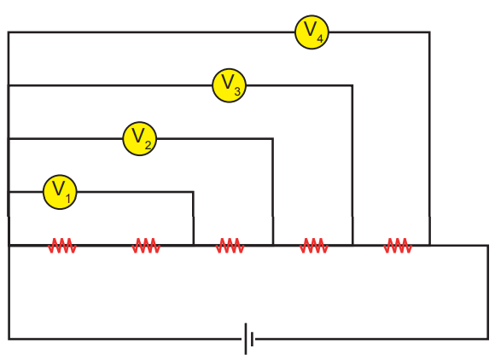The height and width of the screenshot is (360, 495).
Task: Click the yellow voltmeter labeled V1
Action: tap(60, 192)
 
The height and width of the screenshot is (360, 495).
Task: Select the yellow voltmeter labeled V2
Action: tap(139, 138)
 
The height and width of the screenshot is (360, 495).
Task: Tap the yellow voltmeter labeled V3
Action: tap(229, 85)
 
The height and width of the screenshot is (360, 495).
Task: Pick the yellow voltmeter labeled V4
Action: tap(312, 32)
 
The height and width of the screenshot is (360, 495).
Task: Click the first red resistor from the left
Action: tap(62, 246)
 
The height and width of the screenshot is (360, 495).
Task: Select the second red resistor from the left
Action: tap(146, 246)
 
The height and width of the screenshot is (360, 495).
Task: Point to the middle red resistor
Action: tap(230, 246)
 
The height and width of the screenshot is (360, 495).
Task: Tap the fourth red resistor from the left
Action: tap(314, 246)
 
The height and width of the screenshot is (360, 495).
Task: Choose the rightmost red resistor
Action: tap(398, 246)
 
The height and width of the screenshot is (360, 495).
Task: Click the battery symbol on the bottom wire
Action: tap(248, 339)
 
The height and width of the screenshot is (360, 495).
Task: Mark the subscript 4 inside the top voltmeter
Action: tap(320, 38)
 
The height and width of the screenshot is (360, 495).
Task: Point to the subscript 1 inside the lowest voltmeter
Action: tap(68, 199)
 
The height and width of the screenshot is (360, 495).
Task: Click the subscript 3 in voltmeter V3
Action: tap(237, 91)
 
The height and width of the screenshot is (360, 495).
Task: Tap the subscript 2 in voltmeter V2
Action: tap(148, 144)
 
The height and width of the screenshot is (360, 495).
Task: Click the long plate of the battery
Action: tap(246, 339)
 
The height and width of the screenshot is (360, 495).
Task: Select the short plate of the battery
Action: tap(252, 340)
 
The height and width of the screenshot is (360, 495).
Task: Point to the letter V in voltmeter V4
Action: tap(310, 29)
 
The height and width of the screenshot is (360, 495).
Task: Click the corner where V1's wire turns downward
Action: tap(193, 192)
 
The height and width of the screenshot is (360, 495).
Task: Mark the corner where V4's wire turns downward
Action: tap(429, 32)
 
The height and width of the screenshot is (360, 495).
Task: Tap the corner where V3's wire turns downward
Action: tap(352, 85)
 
